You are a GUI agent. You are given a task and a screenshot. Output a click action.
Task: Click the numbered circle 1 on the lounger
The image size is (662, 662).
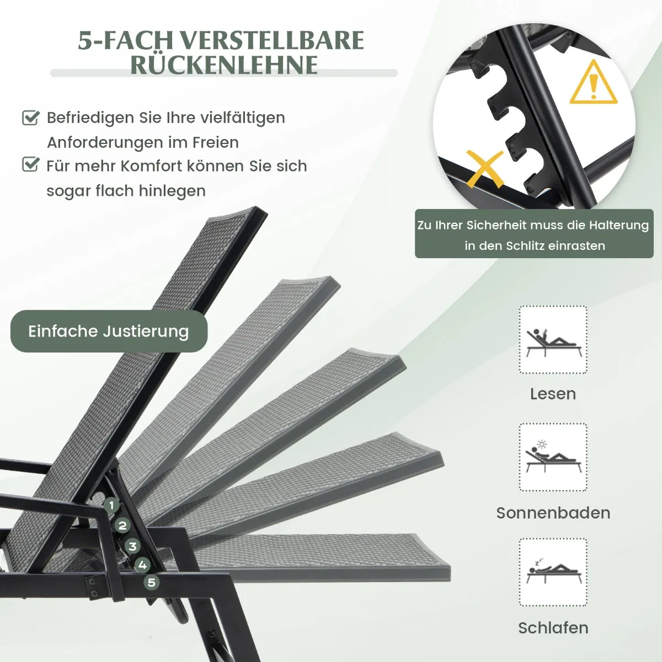click(111, 505)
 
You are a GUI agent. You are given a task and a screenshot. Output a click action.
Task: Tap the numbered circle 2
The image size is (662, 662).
click(122, 525)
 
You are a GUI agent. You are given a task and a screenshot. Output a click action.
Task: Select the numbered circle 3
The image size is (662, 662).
click(132, 546)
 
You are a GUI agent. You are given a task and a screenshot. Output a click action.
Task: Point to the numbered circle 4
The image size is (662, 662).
click(142, 565)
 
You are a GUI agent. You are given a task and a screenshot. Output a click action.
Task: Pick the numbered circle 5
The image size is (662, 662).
click(152, 583)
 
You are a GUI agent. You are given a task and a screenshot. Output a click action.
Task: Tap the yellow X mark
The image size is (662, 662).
click(484, 169)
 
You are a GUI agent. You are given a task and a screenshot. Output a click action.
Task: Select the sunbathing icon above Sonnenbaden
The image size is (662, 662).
click(553, 457)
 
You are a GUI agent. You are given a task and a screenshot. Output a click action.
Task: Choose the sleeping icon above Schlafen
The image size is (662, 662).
click(554, 570)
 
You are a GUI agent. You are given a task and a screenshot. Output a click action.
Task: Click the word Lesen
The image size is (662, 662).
click(553, 394)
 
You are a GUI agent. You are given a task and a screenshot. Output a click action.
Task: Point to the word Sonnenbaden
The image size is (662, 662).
click(553, 513)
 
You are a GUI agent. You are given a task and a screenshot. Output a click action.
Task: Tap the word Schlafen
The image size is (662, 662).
click(553, 628)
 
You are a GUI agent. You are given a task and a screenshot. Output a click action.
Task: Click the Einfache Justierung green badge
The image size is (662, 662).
click(109, 331)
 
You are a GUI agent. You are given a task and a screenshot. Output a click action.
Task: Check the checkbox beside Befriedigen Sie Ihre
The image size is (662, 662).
click(31, 118)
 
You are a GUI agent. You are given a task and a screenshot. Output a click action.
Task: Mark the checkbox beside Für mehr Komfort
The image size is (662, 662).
click(31, 164)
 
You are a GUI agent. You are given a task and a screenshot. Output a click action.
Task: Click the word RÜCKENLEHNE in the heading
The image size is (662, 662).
click(224, 65)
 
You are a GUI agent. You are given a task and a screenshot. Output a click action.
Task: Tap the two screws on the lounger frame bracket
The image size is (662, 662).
click(92, 587)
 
